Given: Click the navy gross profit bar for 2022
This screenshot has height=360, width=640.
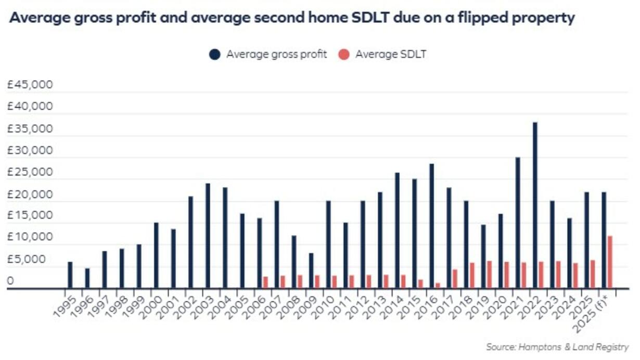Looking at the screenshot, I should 535,205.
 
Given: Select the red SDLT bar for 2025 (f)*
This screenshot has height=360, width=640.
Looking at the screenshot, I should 609,262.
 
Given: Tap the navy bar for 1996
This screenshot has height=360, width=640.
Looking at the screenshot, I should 87,278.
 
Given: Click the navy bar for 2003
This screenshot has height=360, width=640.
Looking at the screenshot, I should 208,235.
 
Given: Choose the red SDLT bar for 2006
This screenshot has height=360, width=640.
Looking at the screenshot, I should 265,281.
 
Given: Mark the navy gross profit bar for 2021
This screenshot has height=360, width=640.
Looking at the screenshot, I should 518,222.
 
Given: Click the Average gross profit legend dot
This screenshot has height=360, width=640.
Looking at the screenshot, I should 214,54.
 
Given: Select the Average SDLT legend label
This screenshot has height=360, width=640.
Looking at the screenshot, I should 391,54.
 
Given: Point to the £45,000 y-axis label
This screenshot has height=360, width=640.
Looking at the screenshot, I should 30,85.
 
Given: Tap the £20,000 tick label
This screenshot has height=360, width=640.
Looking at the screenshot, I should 30,194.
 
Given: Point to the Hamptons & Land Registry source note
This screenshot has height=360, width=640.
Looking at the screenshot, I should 557,346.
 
